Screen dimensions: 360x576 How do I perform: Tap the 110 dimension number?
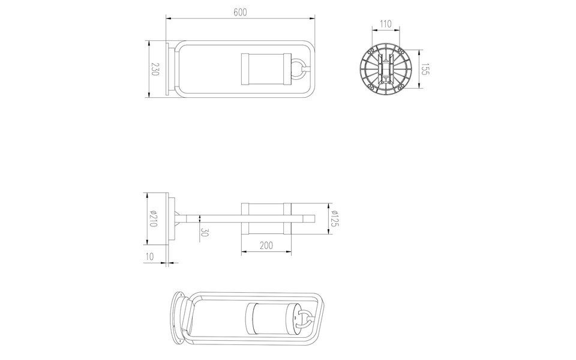pos(386,24)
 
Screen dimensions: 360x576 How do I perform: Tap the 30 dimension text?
pos(205,232)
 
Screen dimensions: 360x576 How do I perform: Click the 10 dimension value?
pos(151,256)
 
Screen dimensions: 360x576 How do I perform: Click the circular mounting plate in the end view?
pos(386,69)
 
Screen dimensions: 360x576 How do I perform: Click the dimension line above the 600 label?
pos(240,19)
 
